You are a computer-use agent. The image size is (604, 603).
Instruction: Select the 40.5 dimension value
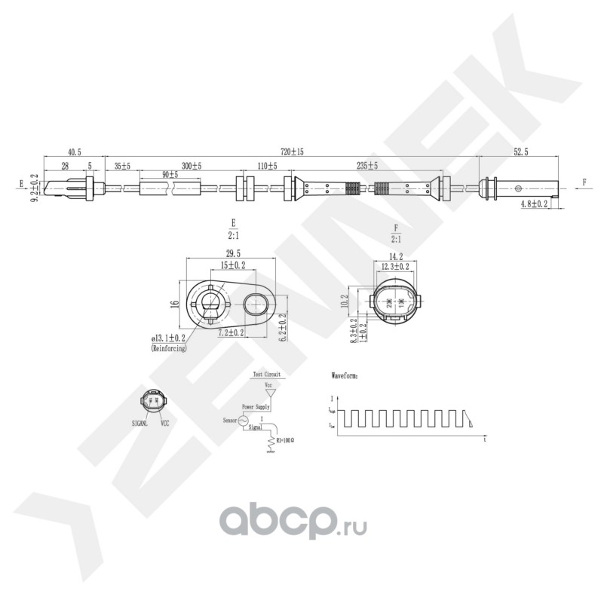coord(74,152)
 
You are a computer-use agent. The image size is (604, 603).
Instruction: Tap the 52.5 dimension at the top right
coord(520,152)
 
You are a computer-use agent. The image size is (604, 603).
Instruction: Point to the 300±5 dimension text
coord(191,165)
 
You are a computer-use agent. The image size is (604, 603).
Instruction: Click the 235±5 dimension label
coord(367,165)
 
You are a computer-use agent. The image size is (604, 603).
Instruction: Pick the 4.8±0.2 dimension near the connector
coord(534,204)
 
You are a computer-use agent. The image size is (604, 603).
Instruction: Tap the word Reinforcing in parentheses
coord(169,349)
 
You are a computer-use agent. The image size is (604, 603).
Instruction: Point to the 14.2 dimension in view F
coord(395,256)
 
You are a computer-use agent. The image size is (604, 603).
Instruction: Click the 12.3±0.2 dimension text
coord(395,266)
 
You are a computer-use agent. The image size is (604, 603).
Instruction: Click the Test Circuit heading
coord(266,374)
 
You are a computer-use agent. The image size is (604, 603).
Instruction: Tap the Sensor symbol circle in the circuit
coord(244,421)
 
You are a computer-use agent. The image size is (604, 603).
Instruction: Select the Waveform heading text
coord(346,374)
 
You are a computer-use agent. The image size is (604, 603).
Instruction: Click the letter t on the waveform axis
coord(483,438)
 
